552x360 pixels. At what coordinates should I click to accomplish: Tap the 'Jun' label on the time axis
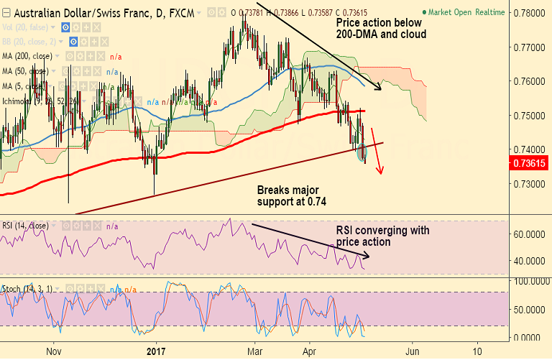pos(413,351)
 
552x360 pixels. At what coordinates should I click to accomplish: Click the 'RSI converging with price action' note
pos(382,236)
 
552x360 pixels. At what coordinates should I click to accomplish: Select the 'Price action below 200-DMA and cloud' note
pos(381,28)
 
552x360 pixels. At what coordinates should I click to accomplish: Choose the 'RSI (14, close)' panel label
pos(25,225)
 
